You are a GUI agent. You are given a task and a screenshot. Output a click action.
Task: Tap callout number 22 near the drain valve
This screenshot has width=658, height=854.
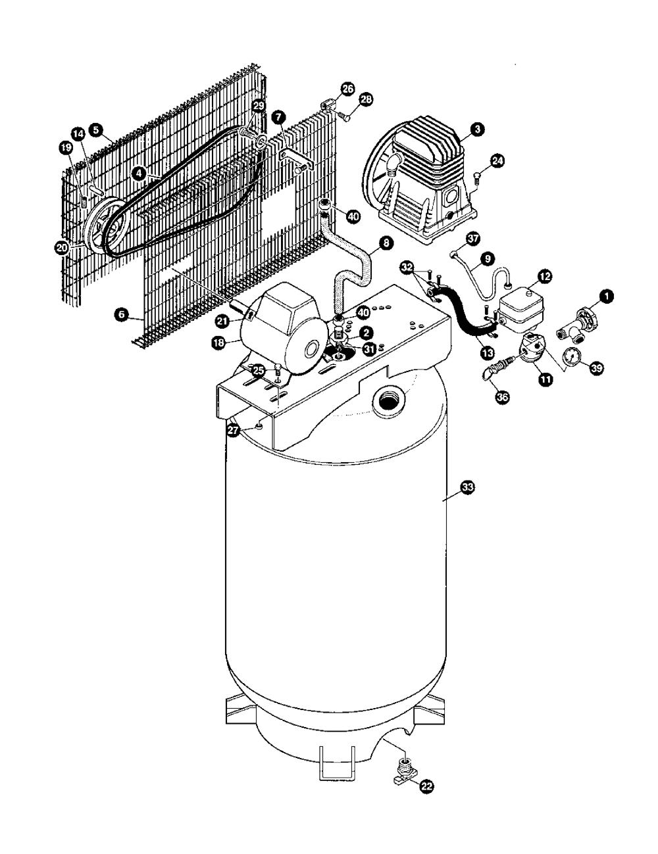tap(427, 786)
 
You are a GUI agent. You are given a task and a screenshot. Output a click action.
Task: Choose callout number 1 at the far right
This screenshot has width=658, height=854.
tap(609, 297)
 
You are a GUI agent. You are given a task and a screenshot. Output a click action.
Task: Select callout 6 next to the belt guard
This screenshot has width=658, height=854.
tap(120, 315)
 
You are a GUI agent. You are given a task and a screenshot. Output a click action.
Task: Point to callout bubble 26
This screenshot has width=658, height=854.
tap(348, 89)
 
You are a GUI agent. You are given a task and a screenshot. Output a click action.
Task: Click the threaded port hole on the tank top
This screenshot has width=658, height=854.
tap(388, 399)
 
